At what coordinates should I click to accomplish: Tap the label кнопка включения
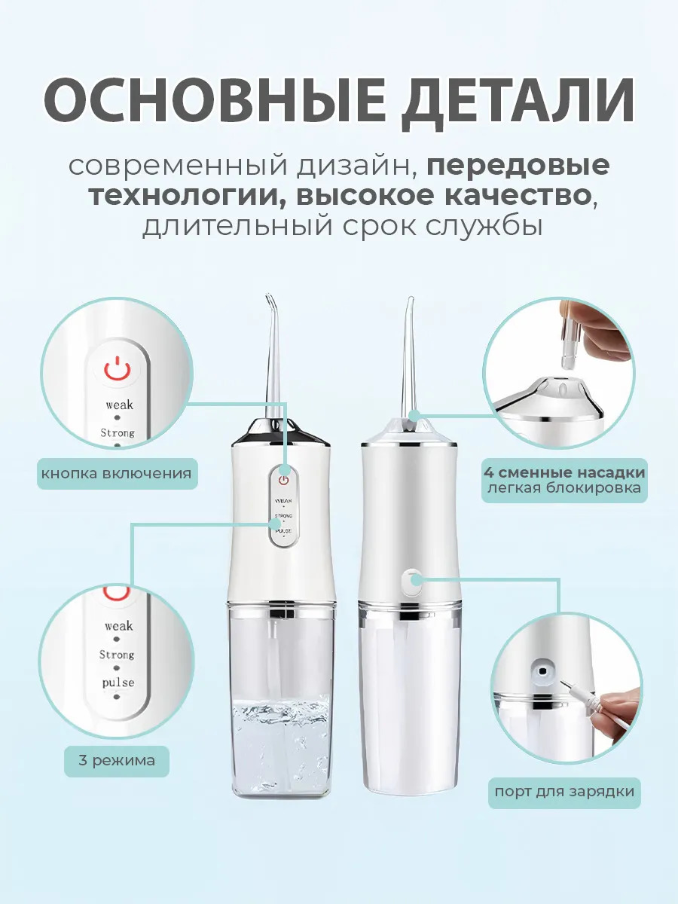pos(117,474)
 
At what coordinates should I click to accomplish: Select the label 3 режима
pos(117,761)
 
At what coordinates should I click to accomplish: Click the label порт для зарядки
pos(564,791)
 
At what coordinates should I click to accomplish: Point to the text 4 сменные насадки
pos(564,472)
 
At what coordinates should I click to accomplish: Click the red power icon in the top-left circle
pos(118,368)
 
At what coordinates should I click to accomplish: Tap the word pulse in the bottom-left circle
pos(118,683)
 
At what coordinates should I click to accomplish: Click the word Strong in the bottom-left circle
pos(117,655)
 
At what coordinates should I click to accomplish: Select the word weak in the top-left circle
pos(119,405)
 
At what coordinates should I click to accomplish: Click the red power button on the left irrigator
pos(284,480)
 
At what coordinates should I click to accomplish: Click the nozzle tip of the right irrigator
pos(410,298)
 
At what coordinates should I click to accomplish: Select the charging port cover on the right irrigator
pos(412,582)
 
